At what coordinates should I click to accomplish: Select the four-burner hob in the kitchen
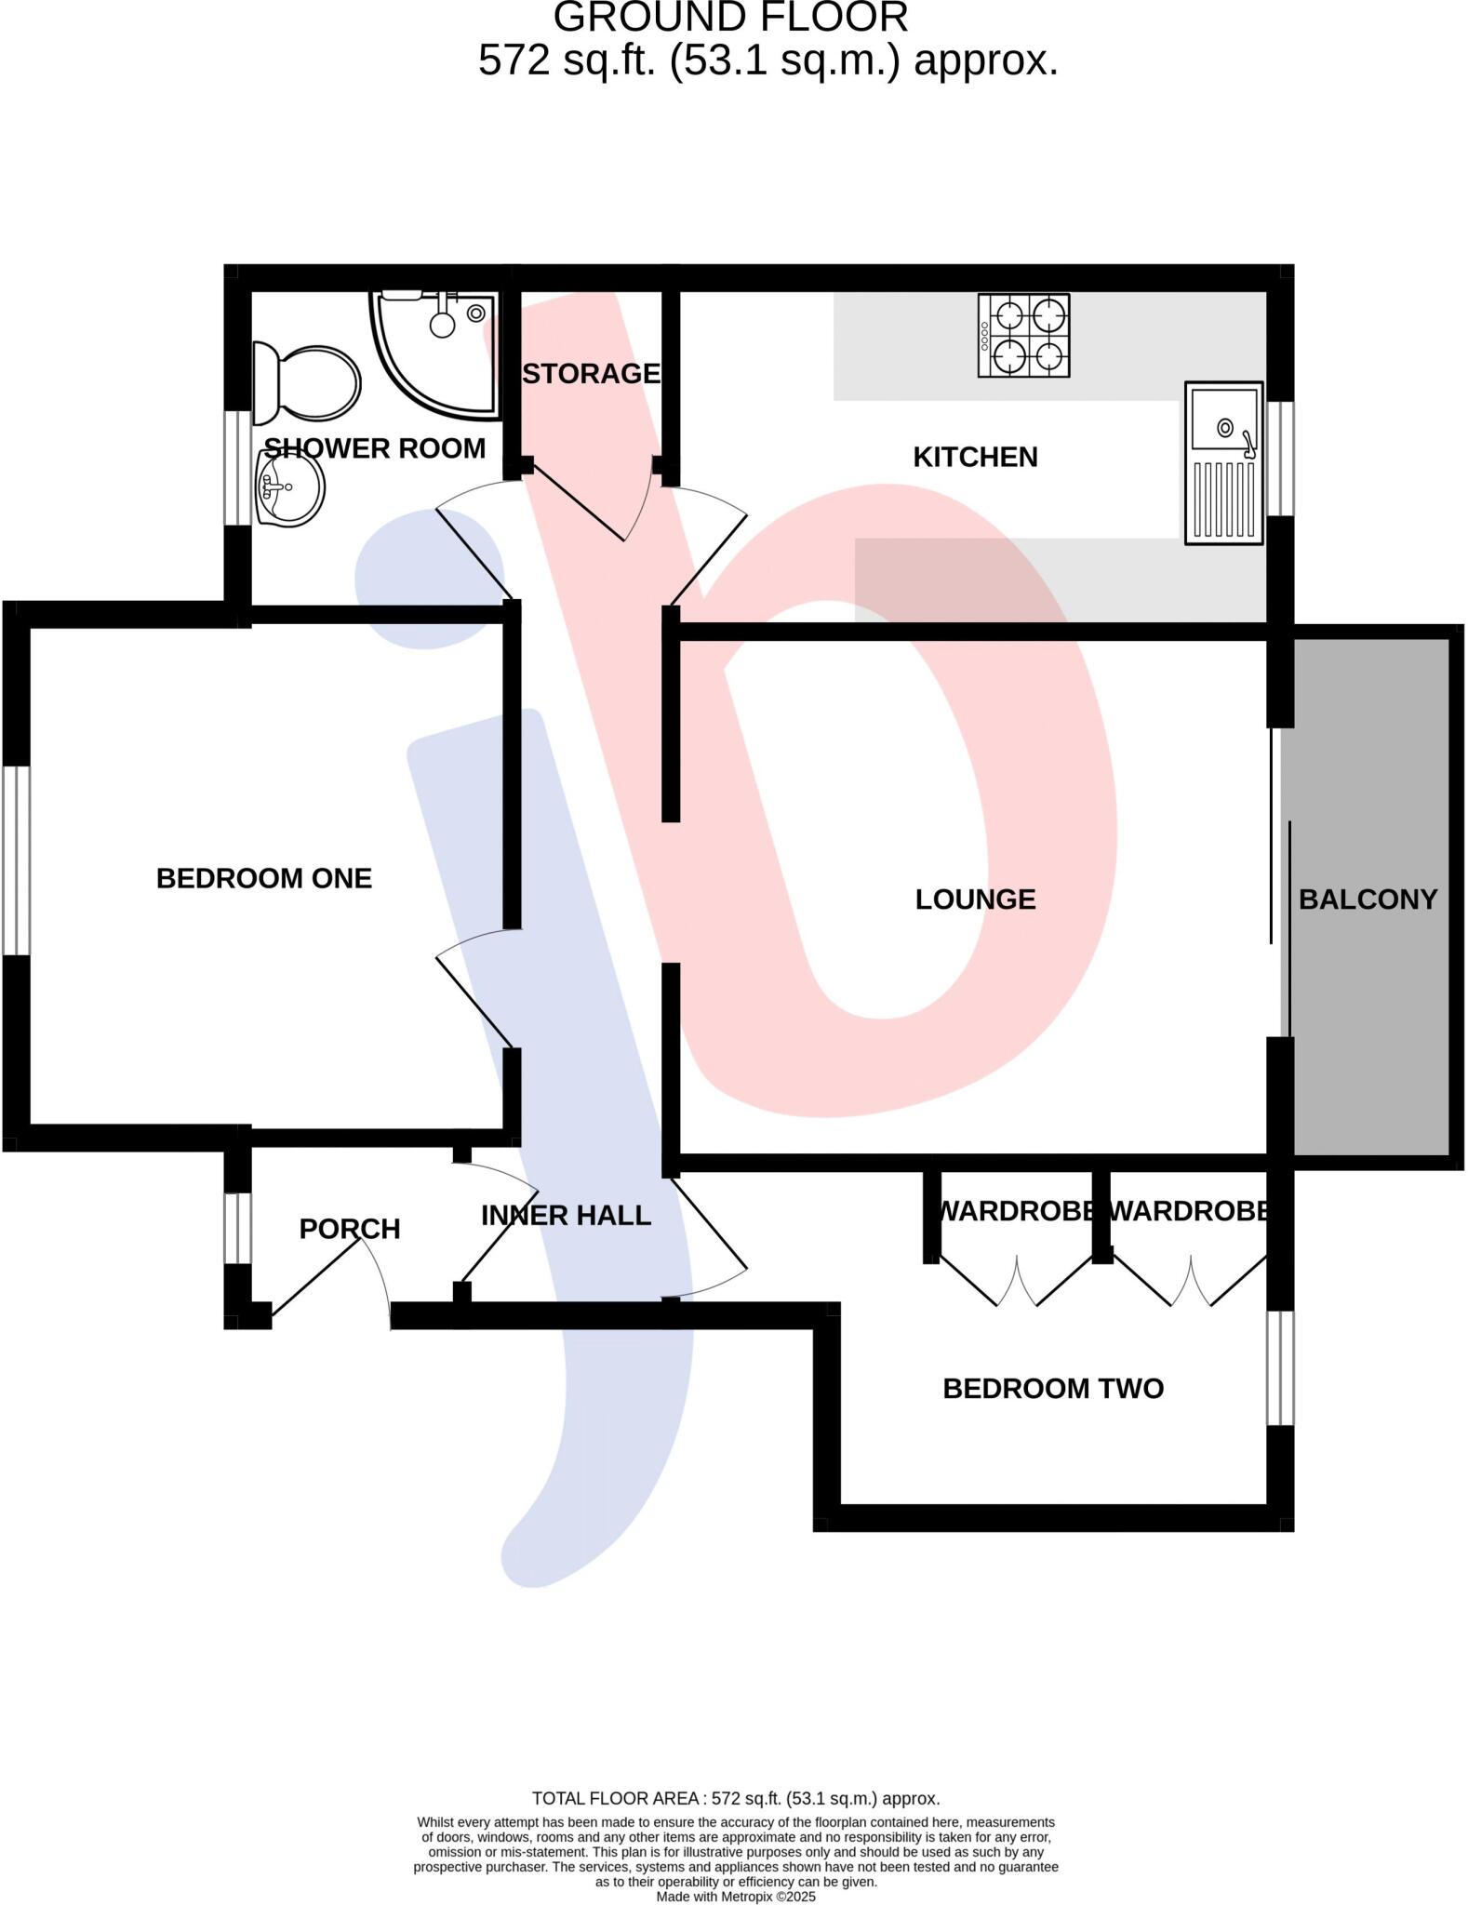click(1023, 336)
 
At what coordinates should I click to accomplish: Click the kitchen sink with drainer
click(1223, 462)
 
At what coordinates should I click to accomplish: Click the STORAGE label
click(591, 374)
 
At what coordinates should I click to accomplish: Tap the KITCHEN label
click(975, 458)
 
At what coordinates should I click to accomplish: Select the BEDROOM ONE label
click(264, 879)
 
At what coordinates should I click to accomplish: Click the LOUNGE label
click(975, 899)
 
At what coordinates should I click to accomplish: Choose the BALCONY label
click(1368, 899)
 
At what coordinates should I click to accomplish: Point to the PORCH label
click(350, 1229)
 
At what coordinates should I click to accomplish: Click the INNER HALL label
click(566, 1216)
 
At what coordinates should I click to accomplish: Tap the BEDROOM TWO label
click(1053, 1389)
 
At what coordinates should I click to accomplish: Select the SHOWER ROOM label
click(375, 448)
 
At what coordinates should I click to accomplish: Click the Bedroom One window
click(17, 860)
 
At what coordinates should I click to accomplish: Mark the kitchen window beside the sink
click(1281, 459)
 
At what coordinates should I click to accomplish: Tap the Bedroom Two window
click(1281, 1368)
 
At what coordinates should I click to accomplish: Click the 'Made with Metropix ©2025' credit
click(735, 1897)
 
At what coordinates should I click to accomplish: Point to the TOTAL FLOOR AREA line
click(735, 1799)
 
